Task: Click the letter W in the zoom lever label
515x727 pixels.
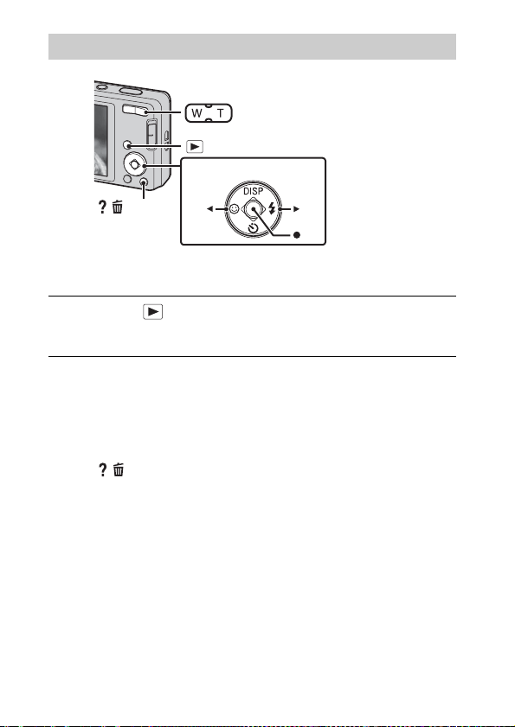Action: click(196, 113)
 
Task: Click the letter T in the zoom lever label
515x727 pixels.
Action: click(220, 113)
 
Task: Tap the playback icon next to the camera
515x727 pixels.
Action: click(195, 146)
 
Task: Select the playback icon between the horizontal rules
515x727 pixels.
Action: click(153, 312)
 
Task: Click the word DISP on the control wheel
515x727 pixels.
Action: click(253, 191)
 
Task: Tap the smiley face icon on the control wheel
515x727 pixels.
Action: click(235, 209)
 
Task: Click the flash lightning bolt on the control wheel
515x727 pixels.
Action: click(272, 208)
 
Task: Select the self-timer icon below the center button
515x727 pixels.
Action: click(253, 227)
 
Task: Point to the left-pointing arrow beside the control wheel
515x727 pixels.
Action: click(209, 209)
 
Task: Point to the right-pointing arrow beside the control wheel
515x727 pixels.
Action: click(296, 209)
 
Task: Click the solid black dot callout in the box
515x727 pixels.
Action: click(297, 235)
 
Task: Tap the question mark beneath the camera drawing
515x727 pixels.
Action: click(102, 207)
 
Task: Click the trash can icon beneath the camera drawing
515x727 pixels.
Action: click(118, 207)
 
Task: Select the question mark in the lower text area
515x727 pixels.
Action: click(103, 470)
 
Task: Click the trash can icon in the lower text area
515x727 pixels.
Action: click(119, 470)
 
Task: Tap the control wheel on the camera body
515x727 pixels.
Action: click(134, 164)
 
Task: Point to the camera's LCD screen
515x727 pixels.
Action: click(100, 140)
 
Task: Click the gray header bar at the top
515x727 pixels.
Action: click(252, 47)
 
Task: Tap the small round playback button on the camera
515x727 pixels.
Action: click(126, 145)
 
